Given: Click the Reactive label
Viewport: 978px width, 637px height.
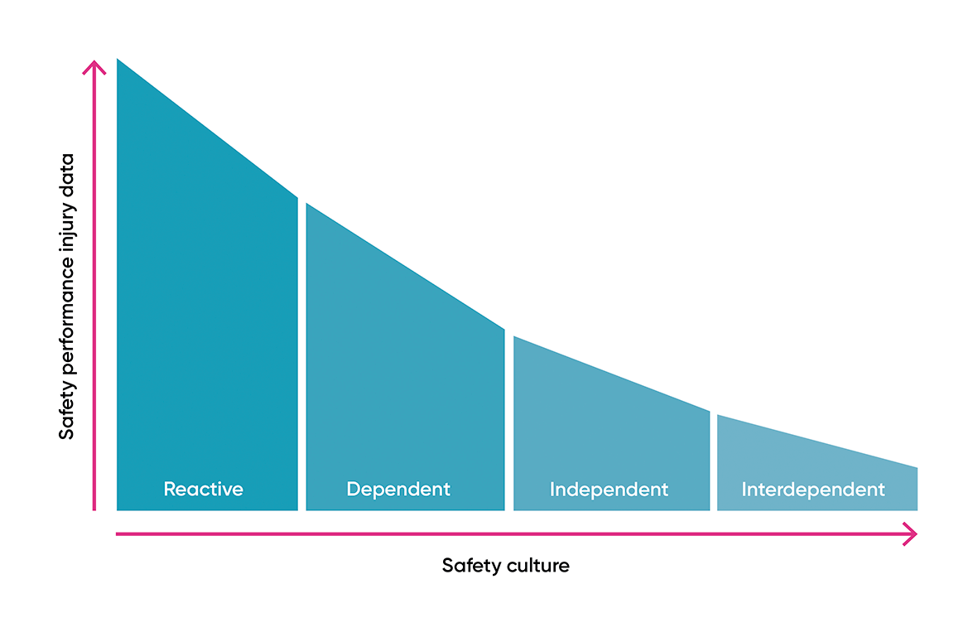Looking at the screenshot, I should coord(204,489).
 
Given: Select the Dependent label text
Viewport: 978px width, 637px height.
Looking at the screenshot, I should coord(398,489).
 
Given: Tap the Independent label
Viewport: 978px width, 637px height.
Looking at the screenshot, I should coord(609,490).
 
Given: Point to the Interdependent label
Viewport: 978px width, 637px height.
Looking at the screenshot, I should coord(813,490).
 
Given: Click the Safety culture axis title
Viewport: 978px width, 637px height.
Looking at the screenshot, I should coord(505,566).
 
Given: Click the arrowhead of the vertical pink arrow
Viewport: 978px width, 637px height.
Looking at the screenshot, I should coord(95,66).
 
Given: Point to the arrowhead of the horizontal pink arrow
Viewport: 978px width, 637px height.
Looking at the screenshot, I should coord(911,534).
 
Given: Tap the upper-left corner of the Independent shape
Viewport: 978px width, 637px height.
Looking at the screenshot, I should coord(515,338).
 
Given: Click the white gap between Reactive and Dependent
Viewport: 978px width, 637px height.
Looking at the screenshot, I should coord(301,356).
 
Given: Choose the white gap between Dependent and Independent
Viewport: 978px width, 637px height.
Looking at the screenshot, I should coord(508,422).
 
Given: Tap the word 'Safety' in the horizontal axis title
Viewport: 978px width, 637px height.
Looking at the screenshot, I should coord(469,566).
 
